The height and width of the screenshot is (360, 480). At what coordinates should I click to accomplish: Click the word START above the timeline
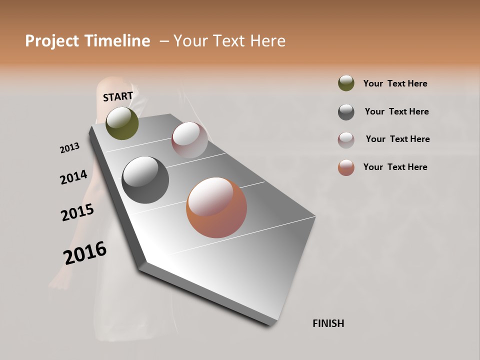point(118,96)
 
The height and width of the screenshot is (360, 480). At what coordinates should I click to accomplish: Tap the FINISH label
point(328,323)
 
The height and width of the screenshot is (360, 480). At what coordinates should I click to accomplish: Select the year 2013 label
point(69,148)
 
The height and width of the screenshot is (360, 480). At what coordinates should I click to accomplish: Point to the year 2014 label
point(73,177)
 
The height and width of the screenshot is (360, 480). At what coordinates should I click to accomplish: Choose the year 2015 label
point(77,212)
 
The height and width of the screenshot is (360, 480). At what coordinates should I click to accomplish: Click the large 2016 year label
point(85,252)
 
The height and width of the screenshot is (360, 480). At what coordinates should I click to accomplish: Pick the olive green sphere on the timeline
point(122,123)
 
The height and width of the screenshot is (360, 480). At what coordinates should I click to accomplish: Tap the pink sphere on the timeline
point(189,140)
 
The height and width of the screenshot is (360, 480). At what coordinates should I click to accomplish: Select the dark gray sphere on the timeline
point(145,180)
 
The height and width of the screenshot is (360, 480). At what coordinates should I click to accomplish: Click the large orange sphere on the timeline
point(216,207)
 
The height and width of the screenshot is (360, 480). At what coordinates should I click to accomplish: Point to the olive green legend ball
point(346,83)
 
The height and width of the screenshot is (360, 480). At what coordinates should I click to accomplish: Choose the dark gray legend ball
point(346,112)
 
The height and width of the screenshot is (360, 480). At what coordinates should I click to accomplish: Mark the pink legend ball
point(346,139)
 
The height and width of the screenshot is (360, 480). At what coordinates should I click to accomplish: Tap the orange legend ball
point(346,167)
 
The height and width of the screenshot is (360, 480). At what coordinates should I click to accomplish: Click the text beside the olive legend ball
point(395,84)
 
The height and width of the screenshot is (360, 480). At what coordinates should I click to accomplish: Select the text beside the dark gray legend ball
point(396,111)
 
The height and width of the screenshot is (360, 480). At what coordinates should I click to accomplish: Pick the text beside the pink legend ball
point(397,139)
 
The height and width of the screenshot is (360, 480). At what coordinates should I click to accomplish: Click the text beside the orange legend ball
point(395,167)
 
